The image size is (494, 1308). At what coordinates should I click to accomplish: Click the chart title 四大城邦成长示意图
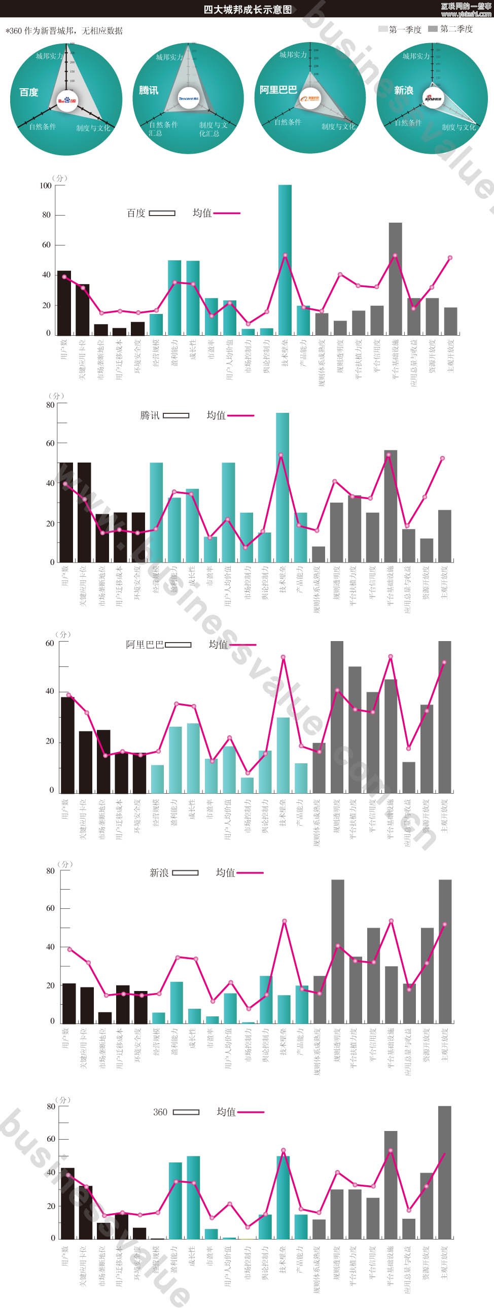[248, 10]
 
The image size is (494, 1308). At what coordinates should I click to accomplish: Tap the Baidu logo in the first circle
[66, 100]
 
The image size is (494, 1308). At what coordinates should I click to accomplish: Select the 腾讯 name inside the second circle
[149, 90]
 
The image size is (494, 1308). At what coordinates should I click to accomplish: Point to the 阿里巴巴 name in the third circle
[278, 90]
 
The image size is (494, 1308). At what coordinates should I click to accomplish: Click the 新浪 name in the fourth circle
[404, 90]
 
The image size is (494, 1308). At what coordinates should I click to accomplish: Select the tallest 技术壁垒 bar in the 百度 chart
[285, 259]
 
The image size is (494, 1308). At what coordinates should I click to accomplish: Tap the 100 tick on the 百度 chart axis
[46, 186]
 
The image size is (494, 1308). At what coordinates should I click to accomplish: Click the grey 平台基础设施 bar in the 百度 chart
[396, 278]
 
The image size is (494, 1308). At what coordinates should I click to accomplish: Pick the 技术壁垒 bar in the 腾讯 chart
[283, 487]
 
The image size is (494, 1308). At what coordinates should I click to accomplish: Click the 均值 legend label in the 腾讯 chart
[216, 415]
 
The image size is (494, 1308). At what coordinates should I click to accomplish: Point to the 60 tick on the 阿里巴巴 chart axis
[50, 643]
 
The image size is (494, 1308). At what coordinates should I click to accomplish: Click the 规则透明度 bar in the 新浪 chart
[338, 951]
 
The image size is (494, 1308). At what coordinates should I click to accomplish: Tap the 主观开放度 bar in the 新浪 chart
[445, 951]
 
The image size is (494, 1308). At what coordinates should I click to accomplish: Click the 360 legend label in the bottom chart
[160, 1112]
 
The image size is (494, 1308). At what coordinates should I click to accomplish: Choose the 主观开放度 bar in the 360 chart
[444, 1173]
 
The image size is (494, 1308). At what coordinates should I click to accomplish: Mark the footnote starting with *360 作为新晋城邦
[64, 31]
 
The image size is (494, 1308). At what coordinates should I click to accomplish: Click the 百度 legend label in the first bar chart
[136, 213]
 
